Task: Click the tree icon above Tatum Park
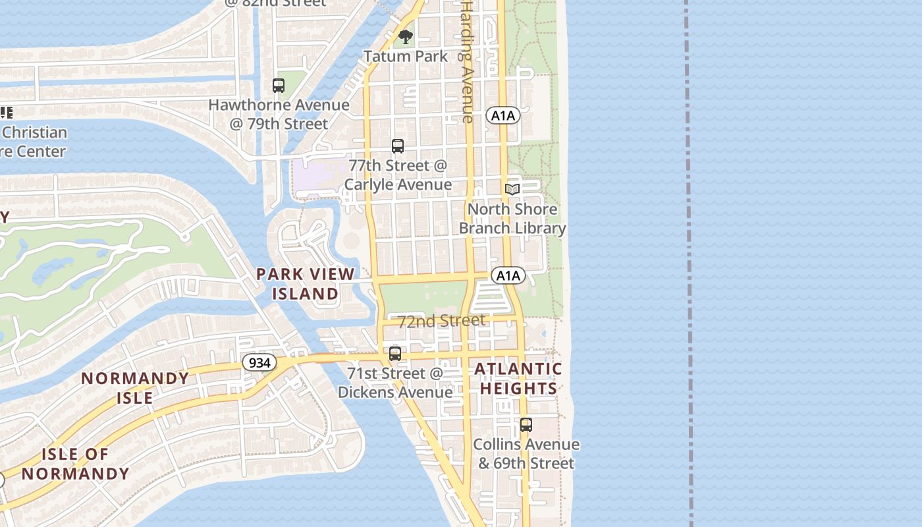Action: click(406, 36)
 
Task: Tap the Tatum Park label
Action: click(406, 57)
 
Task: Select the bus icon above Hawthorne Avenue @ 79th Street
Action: click(279, 85)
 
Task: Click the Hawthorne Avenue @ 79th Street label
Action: click(279, 114)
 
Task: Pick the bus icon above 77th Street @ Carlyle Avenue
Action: click(397, 146)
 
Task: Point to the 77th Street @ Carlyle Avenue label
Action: click(398, 175)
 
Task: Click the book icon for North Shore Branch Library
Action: click(512, 190)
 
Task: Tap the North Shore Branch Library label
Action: click(512, 219)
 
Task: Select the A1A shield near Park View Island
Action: click(508, 275)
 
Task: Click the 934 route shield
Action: click(259, 362)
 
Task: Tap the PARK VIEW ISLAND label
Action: click(306, 283)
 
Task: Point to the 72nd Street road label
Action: click(442, 320)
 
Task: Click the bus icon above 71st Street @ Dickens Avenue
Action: click(395, 354)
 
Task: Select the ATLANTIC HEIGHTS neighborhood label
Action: click(519, 378)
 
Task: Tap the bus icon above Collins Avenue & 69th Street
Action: click(526, 425)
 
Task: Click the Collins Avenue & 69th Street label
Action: click(526, 453)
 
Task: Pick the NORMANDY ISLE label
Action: click(135, 388)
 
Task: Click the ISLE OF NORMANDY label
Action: click(75, 464)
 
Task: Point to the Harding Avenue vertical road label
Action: click(467, 61)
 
